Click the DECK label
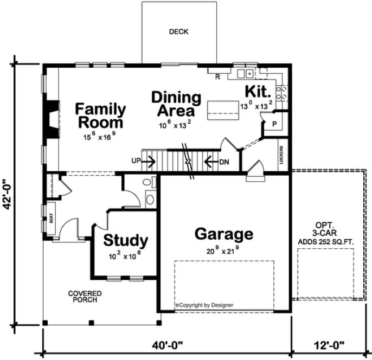pos(178,32)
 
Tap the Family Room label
pos(100,115)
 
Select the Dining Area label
pos(176,104)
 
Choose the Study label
pos(126,240)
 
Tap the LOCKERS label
pos(281,155)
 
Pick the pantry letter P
pos(274,124)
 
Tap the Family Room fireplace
pos(52,119)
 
